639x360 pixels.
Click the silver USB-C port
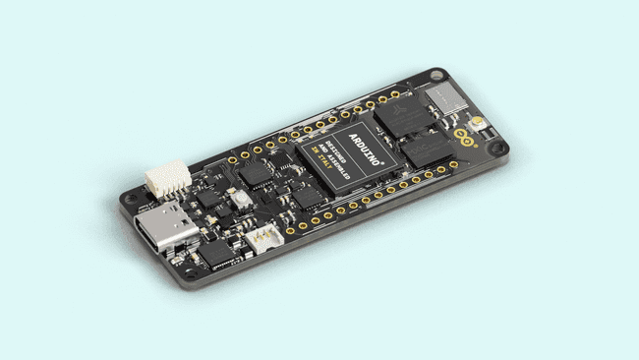(168, 232)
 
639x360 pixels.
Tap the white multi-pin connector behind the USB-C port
(167, 177)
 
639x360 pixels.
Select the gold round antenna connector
(477, 123)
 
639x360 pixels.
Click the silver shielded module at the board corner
(447, 96)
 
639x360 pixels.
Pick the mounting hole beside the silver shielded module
(436, 74)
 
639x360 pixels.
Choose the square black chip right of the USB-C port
(216, 253)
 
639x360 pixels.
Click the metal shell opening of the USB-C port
(157, 238)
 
